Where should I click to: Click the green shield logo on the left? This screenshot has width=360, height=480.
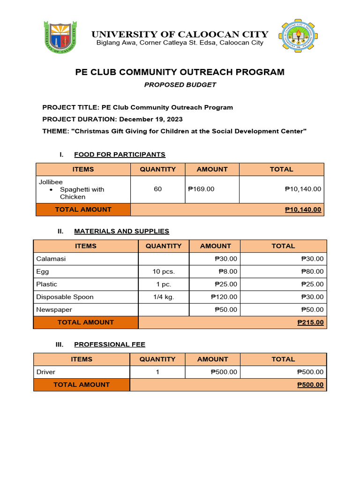pyautogui.click(x=59, y=37)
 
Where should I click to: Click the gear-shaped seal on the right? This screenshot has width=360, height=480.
pyautogui.click(x=298, y=36)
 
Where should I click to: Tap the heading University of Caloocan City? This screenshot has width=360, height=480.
pyautogui.click(x=180, y=34)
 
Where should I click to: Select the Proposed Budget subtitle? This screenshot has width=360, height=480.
pyautogui.click(x=180, y=85)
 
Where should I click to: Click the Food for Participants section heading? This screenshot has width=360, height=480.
pyautogui.click(x=120, y=154)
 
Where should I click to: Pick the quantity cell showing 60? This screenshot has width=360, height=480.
pyautogui.click(x=157, y=189)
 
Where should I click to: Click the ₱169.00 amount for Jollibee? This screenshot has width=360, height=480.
pyautogui.click(x=201, y=189)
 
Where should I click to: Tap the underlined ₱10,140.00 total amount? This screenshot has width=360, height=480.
pyautogui.click(x=303, y=210)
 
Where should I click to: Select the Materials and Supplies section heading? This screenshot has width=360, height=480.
pyautogui.click(x=121, y=231)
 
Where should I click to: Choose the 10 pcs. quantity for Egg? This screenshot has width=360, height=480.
pyautogui.click(x=163, y=271)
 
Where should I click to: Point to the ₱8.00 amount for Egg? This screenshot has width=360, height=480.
pyautogui.click(x=228, y=271)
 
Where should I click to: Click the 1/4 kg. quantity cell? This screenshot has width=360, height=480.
pyautogui.click(x=163, y=297)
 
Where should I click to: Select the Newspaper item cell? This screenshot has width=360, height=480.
pyautogui.click(x=54, y=309)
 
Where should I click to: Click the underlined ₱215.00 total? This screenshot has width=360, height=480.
pyautogui.click(x=310, y=322)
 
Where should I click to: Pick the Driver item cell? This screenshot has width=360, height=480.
pyautogui.click(x=45, y=372)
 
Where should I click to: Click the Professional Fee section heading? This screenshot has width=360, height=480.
pyautogui.click(x=110, y=344)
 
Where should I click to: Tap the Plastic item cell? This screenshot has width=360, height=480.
pyautogui.click(x=46, y=284)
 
